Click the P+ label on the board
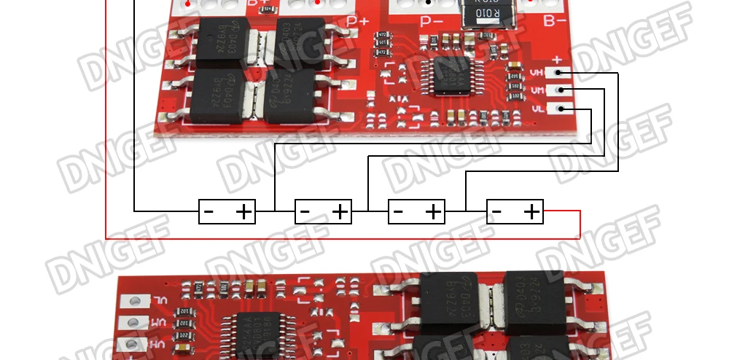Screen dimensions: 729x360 [x=357, y=21]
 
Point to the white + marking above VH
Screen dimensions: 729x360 [x=557, y=60]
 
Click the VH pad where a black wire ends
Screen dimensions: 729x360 [x=561, y=73]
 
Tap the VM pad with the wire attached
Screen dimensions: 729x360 [x=561, y=90]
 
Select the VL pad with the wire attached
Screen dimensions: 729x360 [x=561, y=109]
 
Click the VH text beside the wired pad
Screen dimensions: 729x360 [x=537, y=73]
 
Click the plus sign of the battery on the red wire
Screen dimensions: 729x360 [x=532, y=212]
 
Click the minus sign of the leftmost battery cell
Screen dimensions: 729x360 [x=208, y=212]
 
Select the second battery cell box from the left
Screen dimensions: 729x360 [x=323, y=212]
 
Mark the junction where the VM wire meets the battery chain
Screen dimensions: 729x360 [x=368, y=211]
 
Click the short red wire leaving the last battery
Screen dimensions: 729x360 [x=561, y=211]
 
